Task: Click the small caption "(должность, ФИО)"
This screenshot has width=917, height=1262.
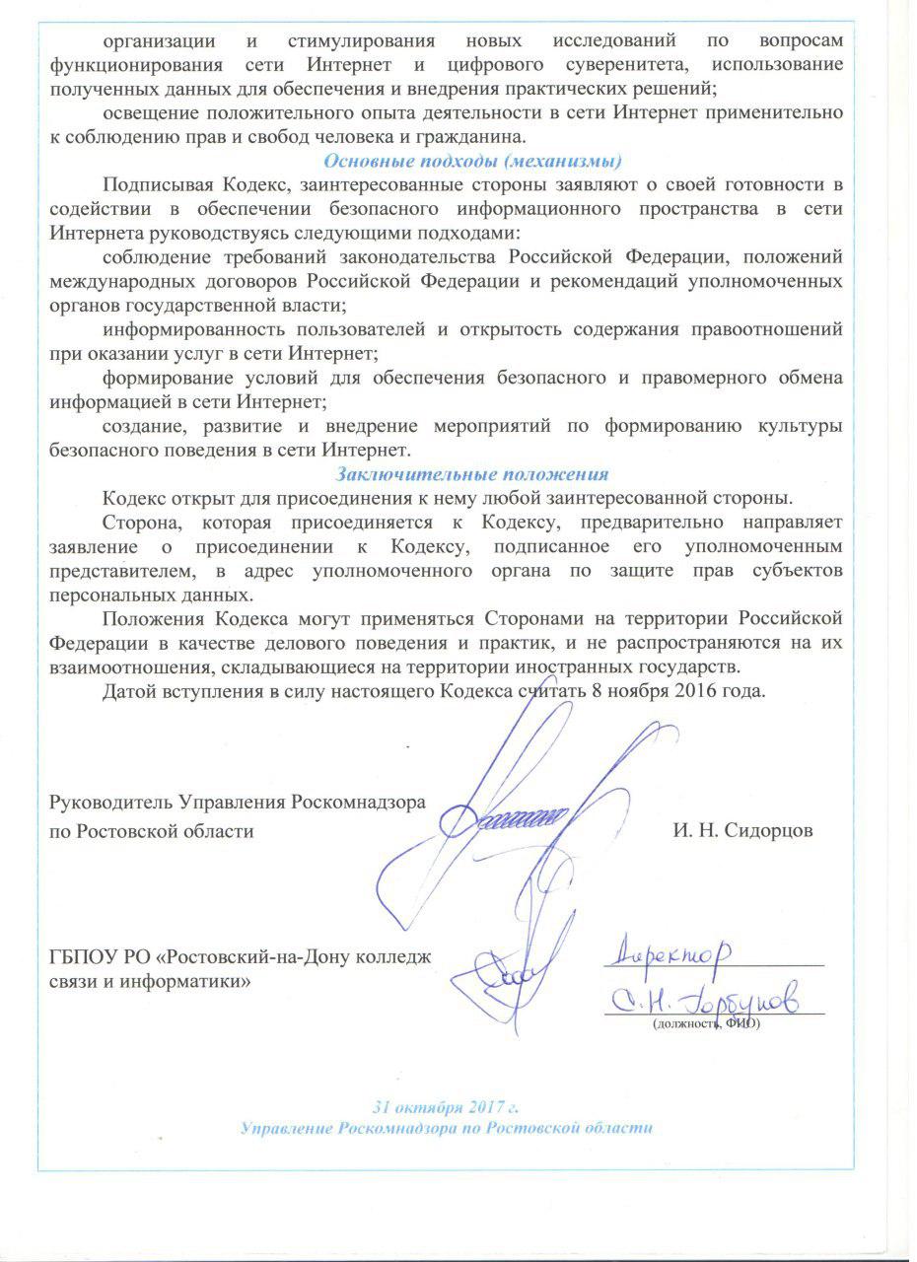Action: pos(706,1023)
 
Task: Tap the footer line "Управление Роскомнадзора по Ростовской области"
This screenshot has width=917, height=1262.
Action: pos(447,1127)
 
